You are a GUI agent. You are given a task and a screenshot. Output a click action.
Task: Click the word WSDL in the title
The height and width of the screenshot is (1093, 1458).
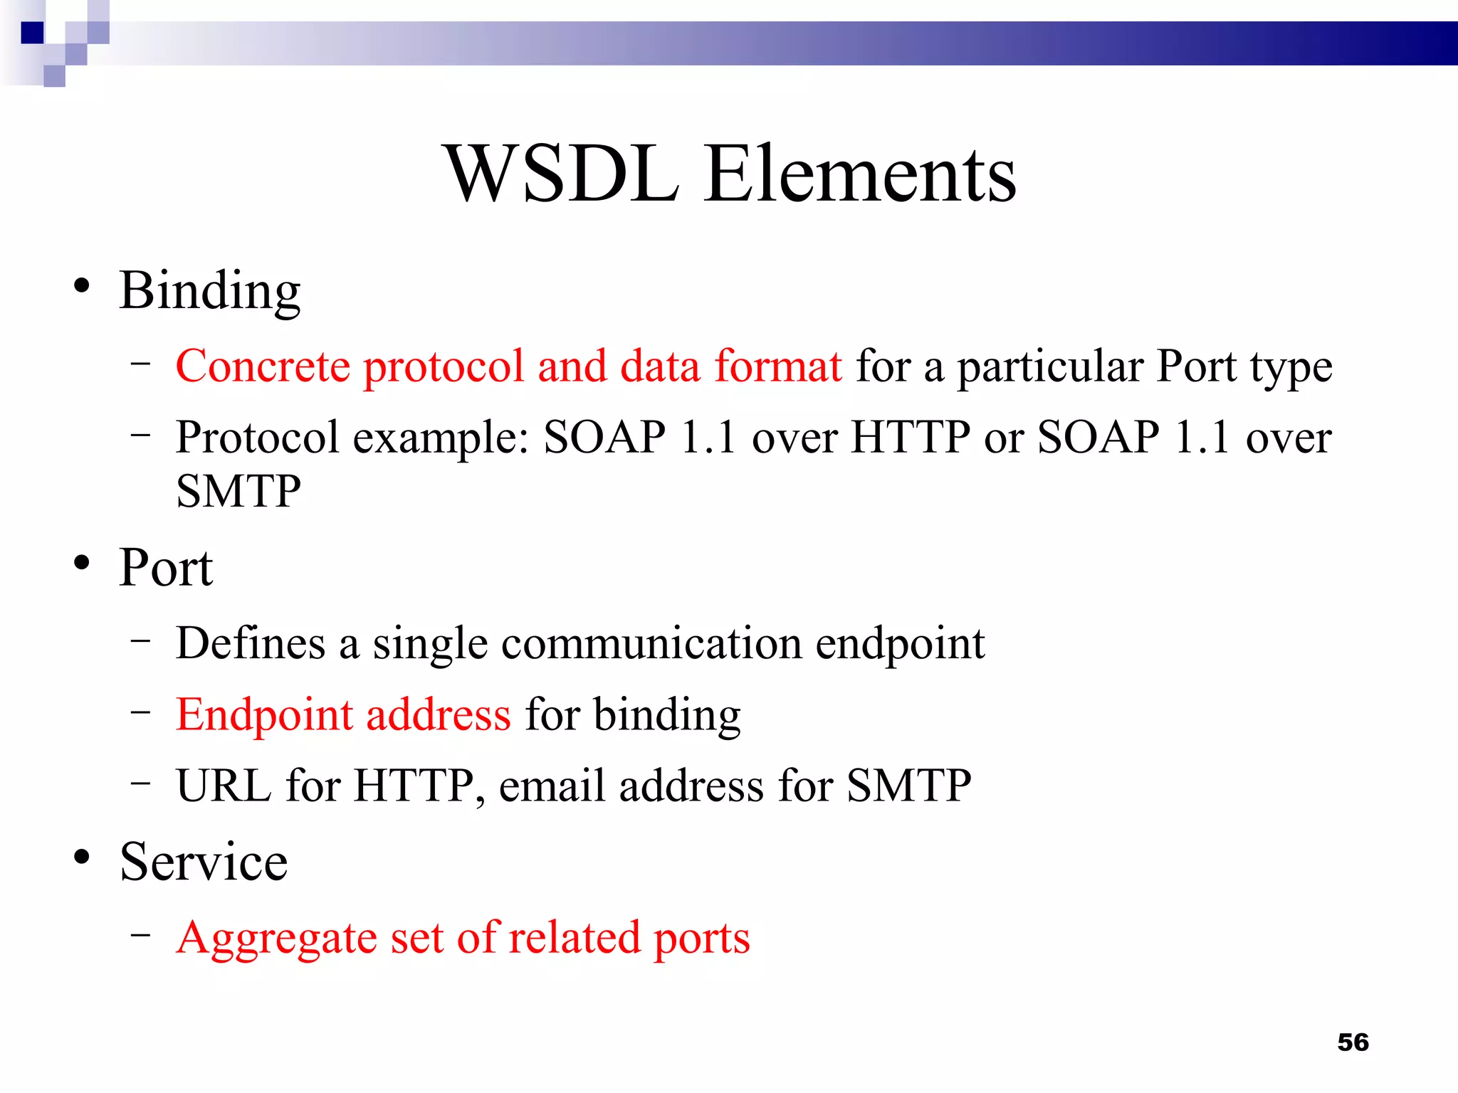[562, 174]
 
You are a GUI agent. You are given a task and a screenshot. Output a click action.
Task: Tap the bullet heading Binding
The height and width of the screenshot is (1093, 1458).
[210, 292]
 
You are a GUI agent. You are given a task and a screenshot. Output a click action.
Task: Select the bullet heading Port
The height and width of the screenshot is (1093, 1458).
[166, 569]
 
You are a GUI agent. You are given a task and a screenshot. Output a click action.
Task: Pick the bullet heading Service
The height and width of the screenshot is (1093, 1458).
[204, 862]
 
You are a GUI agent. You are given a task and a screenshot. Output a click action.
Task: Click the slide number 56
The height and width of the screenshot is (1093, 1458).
[1353, 1042]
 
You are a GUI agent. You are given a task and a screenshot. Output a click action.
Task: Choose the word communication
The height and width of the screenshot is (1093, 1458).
[651, 643]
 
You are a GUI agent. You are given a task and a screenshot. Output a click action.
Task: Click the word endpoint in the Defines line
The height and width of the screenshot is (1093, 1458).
[900, 645]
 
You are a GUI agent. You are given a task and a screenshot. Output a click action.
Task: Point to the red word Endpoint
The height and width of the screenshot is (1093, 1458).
[264, 715]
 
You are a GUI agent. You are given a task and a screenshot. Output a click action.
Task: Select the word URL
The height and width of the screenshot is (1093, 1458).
[224, 786]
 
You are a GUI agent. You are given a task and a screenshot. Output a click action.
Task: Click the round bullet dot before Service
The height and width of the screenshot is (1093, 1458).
[82, 857]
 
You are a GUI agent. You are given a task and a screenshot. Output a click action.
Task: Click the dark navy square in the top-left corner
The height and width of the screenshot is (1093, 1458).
[32, 33]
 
